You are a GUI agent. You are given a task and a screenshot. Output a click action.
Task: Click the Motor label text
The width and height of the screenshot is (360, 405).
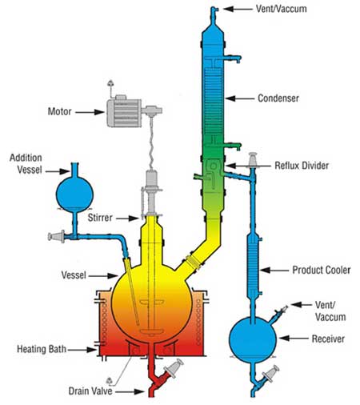click(x=59, y=111)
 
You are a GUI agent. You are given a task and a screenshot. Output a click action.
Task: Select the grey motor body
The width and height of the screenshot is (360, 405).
click(x=124, y=113)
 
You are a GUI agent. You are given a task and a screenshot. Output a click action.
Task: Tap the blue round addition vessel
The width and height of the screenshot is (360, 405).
click(x=74, y=194)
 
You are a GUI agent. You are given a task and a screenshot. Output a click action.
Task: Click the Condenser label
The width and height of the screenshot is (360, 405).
click(x=278, y=98)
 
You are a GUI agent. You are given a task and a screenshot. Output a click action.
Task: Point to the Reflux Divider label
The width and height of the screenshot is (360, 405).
click(x=302, y=166)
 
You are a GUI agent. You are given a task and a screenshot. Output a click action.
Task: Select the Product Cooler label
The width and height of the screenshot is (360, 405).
click(x=322, y=270)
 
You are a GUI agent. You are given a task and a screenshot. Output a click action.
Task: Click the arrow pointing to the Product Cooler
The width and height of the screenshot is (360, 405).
click(x=274, y=271)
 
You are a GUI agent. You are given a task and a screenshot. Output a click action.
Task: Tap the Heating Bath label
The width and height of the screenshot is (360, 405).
click(x=42, y=349)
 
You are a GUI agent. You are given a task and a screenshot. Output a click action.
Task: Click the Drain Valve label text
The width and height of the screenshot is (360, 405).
click(x=90, y=391)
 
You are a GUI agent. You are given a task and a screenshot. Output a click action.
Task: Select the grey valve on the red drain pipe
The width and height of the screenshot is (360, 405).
click(x=174, y=367)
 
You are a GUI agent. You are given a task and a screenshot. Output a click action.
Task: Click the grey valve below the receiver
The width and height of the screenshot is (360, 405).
click(x=270, y=374)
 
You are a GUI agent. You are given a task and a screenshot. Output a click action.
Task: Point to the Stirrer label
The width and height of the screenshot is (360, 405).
click(x=100, y=218)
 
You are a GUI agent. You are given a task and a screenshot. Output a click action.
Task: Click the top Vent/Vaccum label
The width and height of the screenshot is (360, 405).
click(x=282, y=9)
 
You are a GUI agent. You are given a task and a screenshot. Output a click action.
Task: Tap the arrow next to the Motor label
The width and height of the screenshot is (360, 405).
click(x=90, y=112)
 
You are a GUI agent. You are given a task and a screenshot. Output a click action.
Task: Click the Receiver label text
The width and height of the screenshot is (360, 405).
click(x=328, y=339)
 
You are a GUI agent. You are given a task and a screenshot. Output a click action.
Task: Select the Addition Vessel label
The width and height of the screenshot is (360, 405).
click(x=26, y=164)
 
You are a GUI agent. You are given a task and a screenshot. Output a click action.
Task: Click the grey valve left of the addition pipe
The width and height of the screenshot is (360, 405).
click(x=56, y=236)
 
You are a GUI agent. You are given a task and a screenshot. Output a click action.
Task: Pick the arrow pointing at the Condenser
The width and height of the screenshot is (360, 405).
click(x=240, y=98)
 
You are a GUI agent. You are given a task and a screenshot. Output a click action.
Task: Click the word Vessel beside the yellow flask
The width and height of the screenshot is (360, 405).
click(x=74, y=275)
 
